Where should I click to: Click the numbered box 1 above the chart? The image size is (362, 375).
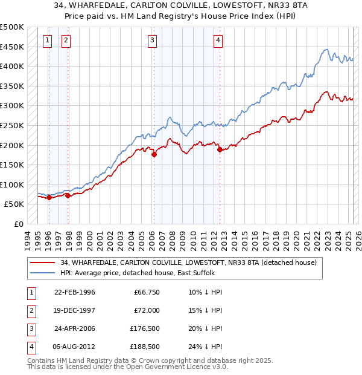(x=48, y=41)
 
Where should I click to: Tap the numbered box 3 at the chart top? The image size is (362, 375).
(x=153, y=41)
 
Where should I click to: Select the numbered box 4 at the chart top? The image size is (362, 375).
(x=218, y=41)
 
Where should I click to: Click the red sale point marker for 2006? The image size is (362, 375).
(x=154, y=154)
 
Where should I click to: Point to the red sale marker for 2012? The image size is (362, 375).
(x=220, y=149)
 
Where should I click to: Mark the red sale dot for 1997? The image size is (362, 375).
(x=68, y=195)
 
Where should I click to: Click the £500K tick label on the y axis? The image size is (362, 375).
(x=13, y=27)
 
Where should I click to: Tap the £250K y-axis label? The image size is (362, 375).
(x=13, y=125)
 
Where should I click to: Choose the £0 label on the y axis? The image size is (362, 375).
(x=18, y=224)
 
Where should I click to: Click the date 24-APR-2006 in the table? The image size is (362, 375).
(x=75, y=328)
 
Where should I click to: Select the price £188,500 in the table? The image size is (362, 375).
(x=145, y=347)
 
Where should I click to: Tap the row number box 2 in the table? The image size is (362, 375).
(x=30, y=310)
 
